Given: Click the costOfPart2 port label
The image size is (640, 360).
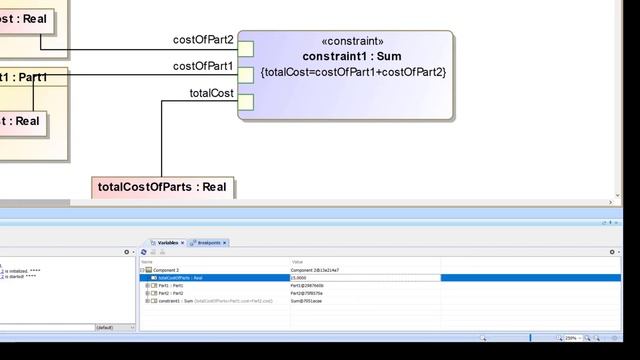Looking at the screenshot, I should [x=203, y=40].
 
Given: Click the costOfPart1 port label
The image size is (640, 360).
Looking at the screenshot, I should [x=203, y=67].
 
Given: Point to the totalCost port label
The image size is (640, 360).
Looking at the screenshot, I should [x=211, y=94].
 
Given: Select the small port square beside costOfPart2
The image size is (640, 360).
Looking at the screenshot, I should [x=246, y=48].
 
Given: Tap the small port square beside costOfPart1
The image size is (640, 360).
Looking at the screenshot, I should [x=246, y=75].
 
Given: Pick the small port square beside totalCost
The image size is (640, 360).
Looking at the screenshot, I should [x=246, y=102].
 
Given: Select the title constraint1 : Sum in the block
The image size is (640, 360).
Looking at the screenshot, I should [x=352, y=57].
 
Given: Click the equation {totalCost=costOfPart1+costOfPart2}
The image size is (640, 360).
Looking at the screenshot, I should [x=352, y=73].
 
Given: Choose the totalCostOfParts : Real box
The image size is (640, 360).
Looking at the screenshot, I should [x=162, y=187].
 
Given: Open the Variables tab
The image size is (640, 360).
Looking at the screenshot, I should [x=168, y=243].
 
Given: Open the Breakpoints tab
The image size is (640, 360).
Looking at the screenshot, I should [x=209, y=243].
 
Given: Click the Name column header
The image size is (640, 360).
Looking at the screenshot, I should [x=147, y=262].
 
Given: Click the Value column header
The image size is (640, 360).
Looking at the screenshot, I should [x=297, y=262].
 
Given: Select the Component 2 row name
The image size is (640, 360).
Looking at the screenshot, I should [x=166, y=270].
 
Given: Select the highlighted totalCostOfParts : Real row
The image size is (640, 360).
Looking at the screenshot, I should [x=180, y=278].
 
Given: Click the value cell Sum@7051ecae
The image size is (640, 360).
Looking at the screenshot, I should [x=307, y=300].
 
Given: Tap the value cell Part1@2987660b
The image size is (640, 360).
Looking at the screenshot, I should [x=308, y=285].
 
